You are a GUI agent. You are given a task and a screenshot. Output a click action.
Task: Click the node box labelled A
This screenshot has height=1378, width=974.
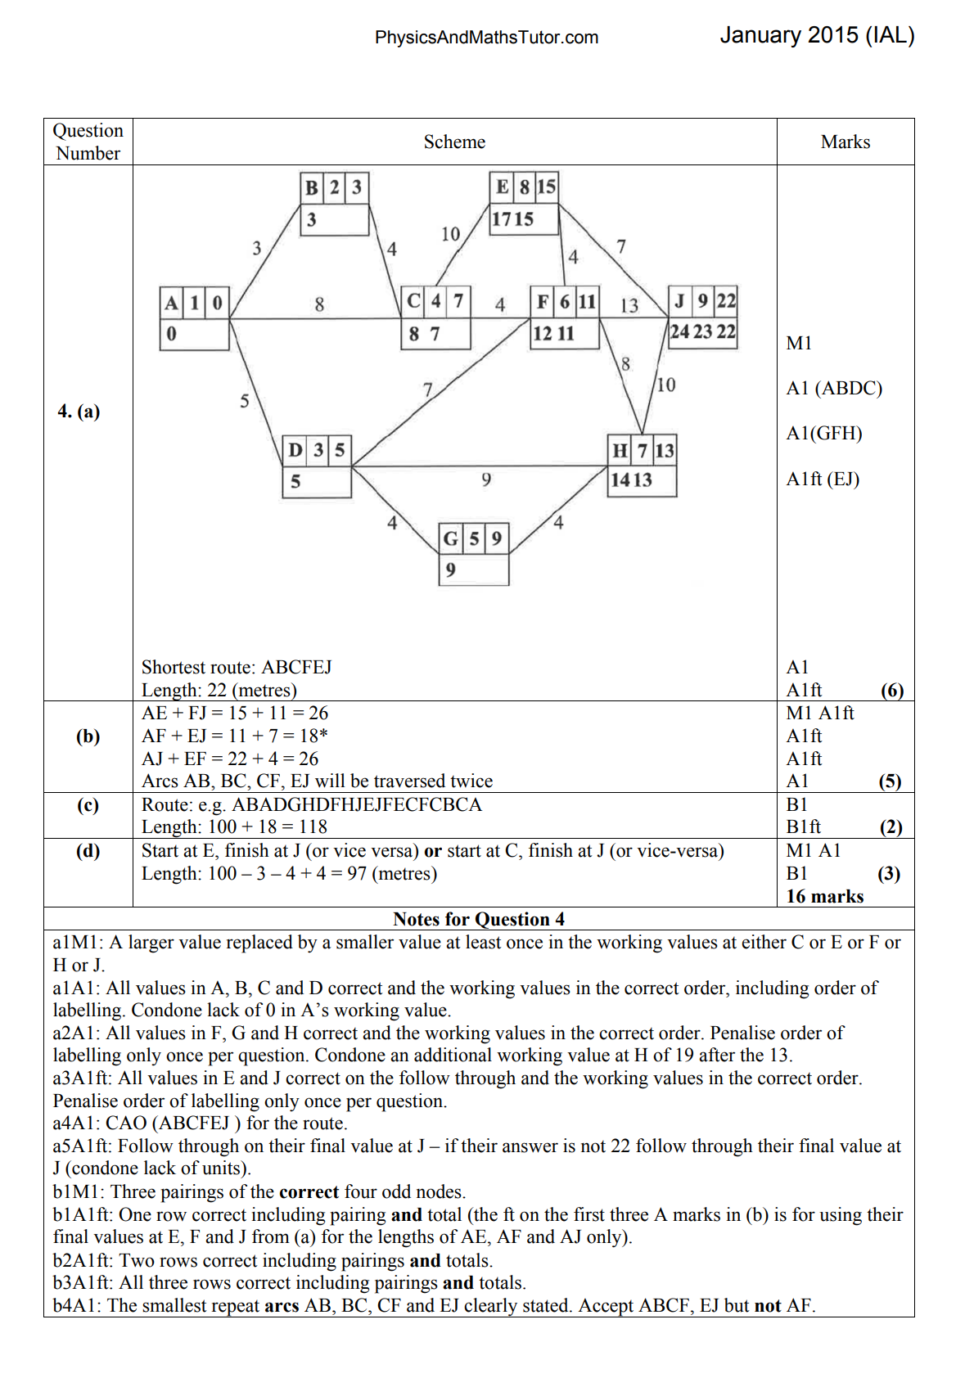point(194,318)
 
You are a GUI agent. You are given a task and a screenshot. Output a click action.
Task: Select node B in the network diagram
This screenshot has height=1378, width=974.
point(335,204)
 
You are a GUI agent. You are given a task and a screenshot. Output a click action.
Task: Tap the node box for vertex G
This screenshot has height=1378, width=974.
point(474,554)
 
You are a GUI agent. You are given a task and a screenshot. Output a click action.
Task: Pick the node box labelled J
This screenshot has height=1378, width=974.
point(703,317)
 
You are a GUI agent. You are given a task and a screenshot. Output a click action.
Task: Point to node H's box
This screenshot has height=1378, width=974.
point(643,466)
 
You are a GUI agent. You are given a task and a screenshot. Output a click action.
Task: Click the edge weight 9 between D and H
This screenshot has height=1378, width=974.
point(486,480)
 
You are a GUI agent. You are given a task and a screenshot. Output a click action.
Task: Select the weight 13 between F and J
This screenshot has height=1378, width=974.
point(629,305)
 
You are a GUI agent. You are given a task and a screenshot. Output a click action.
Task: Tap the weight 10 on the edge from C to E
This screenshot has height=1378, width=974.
point(450,235)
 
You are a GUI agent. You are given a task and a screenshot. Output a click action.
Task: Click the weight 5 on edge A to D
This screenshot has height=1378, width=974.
point(244,401)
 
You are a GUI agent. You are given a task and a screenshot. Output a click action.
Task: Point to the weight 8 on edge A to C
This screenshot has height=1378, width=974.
point(319,304)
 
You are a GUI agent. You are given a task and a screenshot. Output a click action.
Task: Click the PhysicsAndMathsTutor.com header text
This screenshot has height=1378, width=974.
point(486,38)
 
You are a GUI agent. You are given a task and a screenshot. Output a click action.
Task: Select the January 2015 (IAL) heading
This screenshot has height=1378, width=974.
point(817,35)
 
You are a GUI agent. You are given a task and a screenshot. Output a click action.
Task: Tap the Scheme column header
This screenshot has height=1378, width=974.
point(454,142)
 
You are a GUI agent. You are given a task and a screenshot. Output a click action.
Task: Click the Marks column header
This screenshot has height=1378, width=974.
point(845,142)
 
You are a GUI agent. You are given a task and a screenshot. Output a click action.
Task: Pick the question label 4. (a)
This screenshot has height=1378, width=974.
point(79,411)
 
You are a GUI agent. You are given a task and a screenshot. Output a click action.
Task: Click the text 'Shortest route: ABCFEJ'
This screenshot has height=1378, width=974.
point(237,667)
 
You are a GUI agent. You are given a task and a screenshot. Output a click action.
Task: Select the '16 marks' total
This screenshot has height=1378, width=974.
point(824,896)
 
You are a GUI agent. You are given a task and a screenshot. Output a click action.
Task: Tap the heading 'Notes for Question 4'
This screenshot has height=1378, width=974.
point(478,919)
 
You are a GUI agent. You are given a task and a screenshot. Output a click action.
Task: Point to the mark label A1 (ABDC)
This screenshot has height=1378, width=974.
point(833,388)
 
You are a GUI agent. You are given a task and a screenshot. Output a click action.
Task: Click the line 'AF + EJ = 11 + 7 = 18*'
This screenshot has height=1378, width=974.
point(235,736)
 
